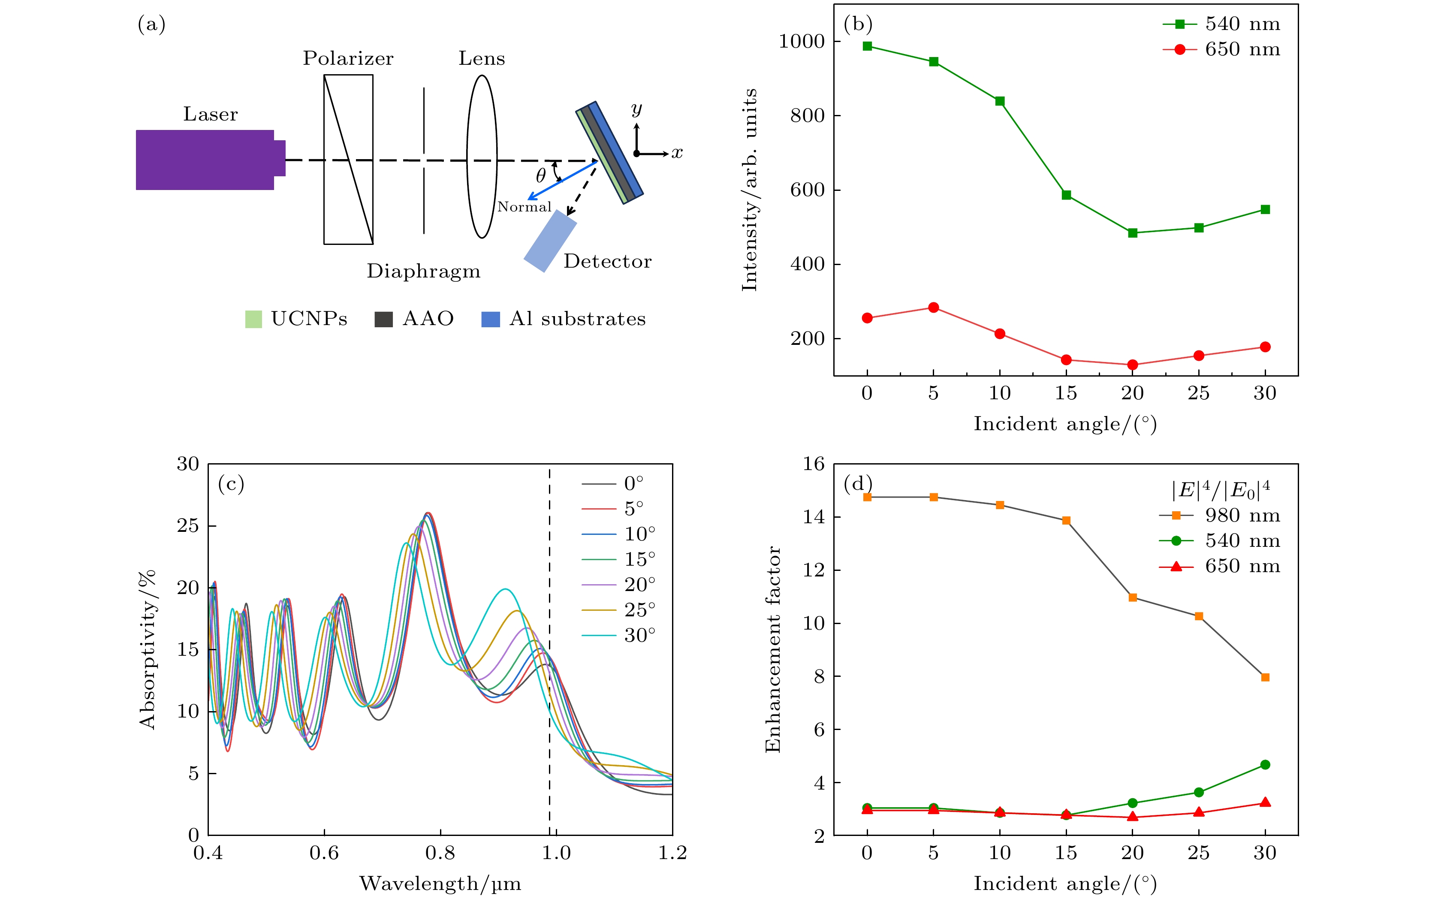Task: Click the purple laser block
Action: pyautogui.click(x=205, y=160)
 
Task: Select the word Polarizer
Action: pyautogui.click(x=348, y=58)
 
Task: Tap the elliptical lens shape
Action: pyautogui.click(x=482, y=157)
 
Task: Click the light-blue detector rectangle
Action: pyautogui.click(x=550, y=241)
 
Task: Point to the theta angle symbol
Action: pyautogui.click(x=540, y=175)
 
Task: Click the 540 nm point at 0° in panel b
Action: pyautogui.click(x=867, y=46)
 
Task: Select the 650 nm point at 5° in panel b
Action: pyautogui.click(x=933, y=308)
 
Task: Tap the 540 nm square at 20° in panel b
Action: pyautogui.click(x=1132, y=233)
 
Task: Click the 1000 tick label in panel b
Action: pyautogui.click(x=802, y=41)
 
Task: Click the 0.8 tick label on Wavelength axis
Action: pyautogui.click(x=440, y=853)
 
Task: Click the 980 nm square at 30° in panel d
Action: pyautogui.click(x=1265, y=677)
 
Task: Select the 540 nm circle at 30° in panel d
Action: pyautogui.click(x=1265, y=765)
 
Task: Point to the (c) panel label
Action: pyautogui.click(x=231, y=484)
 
